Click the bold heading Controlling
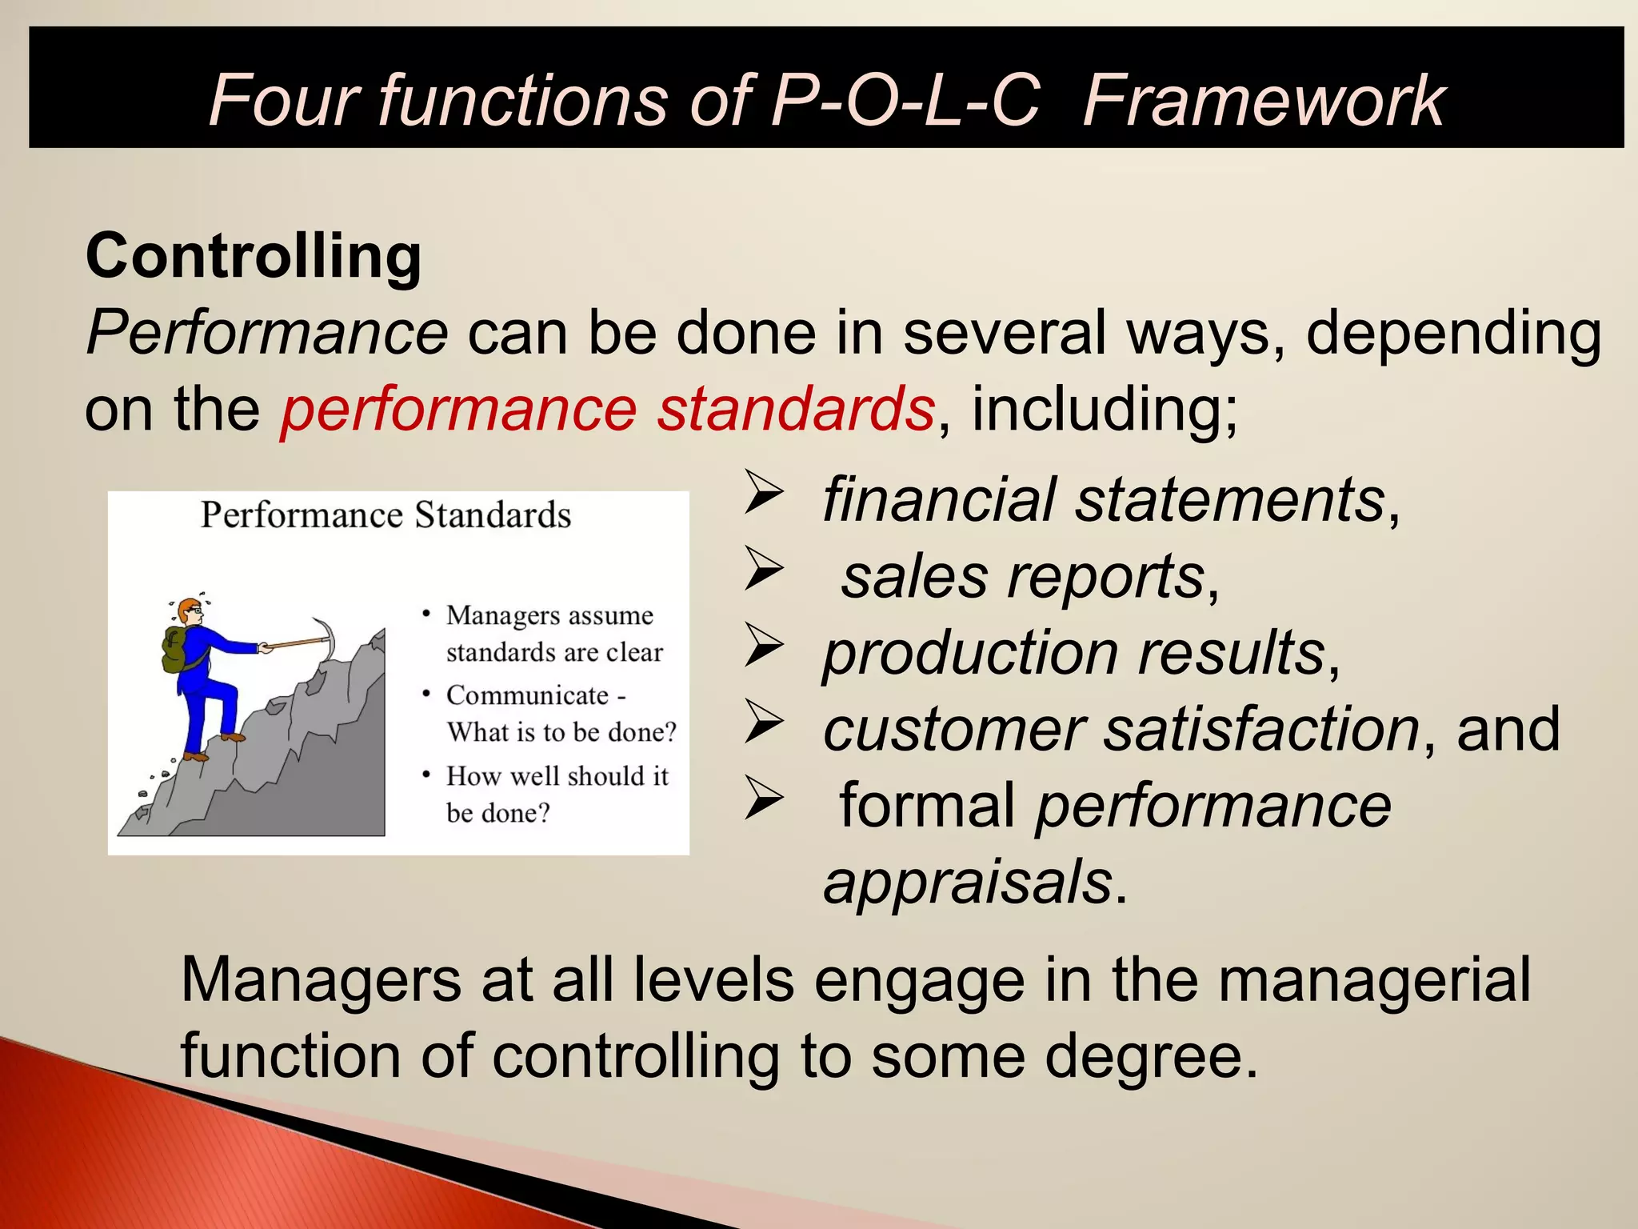tap(253, 256)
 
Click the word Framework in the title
tap(1263, 101)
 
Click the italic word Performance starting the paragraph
tap(266, 333)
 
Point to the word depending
tap(1453, 333)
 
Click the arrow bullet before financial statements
tap(763, 494)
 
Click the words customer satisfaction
tap(1120, 729)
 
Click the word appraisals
tap(967, 882)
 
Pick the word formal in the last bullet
tap(926, 806)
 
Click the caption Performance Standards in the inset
tap(386, 515)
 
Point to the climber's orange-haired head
tap(190, 612)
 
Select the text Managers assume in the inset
tap(549, 615)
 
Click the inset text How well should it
tap(557, 776)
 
